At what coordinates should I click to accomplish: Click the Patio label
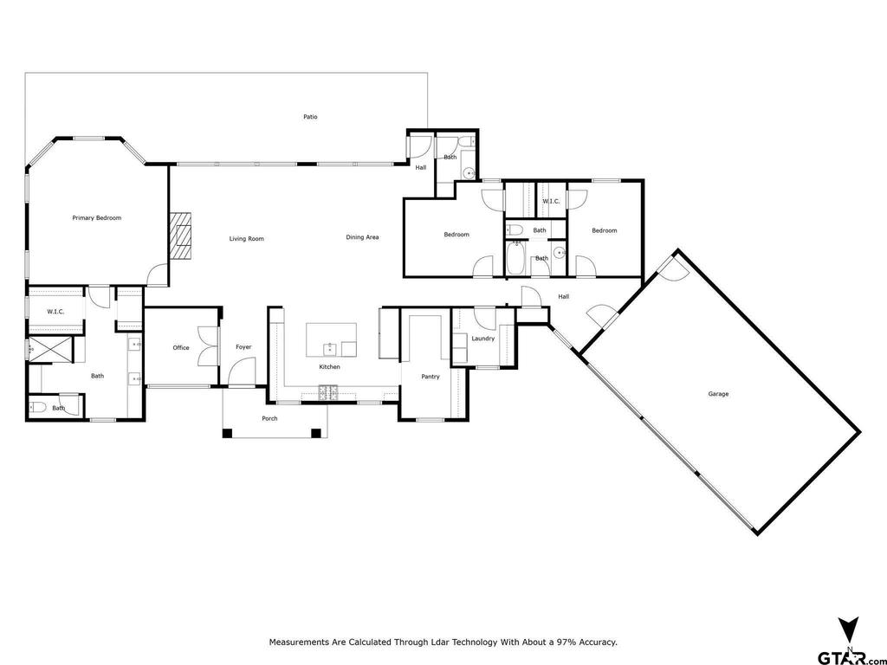point(310,117)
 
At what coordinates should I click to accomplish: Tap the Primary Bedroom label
point(97,217)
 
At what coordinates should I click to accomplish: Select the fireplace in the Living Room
point(180,236)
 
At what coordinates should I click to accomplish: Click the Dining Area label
point(363,237)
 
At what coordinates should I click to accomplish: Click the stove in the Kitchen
point(327,392)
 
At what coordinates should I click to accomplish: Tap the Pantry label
point(431,377)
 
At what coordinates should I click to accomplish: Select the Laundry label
point(483,339)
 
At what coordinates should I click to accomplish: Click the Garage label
point(718,394)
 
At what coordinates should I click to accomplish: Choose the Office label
point(181,348)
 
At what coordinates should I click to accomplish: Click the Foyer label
point(243,347)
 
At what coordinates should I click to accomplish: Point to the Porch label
point(270,419)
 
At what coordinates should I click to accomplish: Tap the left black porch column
point(227,434)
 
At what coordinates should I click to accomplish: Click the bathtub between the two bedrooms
point(515,258)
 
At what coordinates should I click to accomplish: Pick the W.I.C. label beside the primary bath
point(55,312)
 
